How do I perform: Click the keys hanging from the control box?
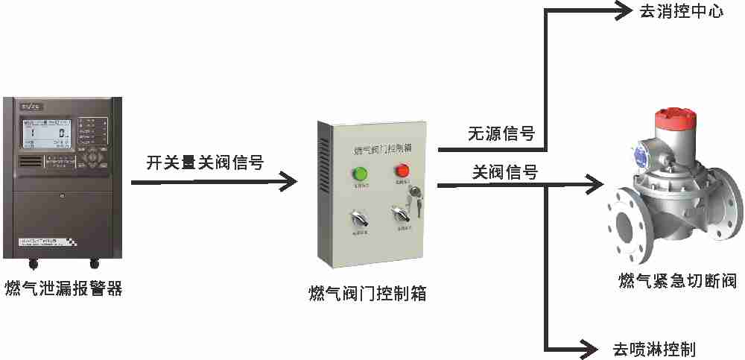415,201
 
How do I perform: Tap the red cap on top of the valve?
675,120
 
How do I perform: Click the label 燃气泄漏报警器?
63,288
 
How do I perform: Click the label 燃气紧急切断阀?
677,281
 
